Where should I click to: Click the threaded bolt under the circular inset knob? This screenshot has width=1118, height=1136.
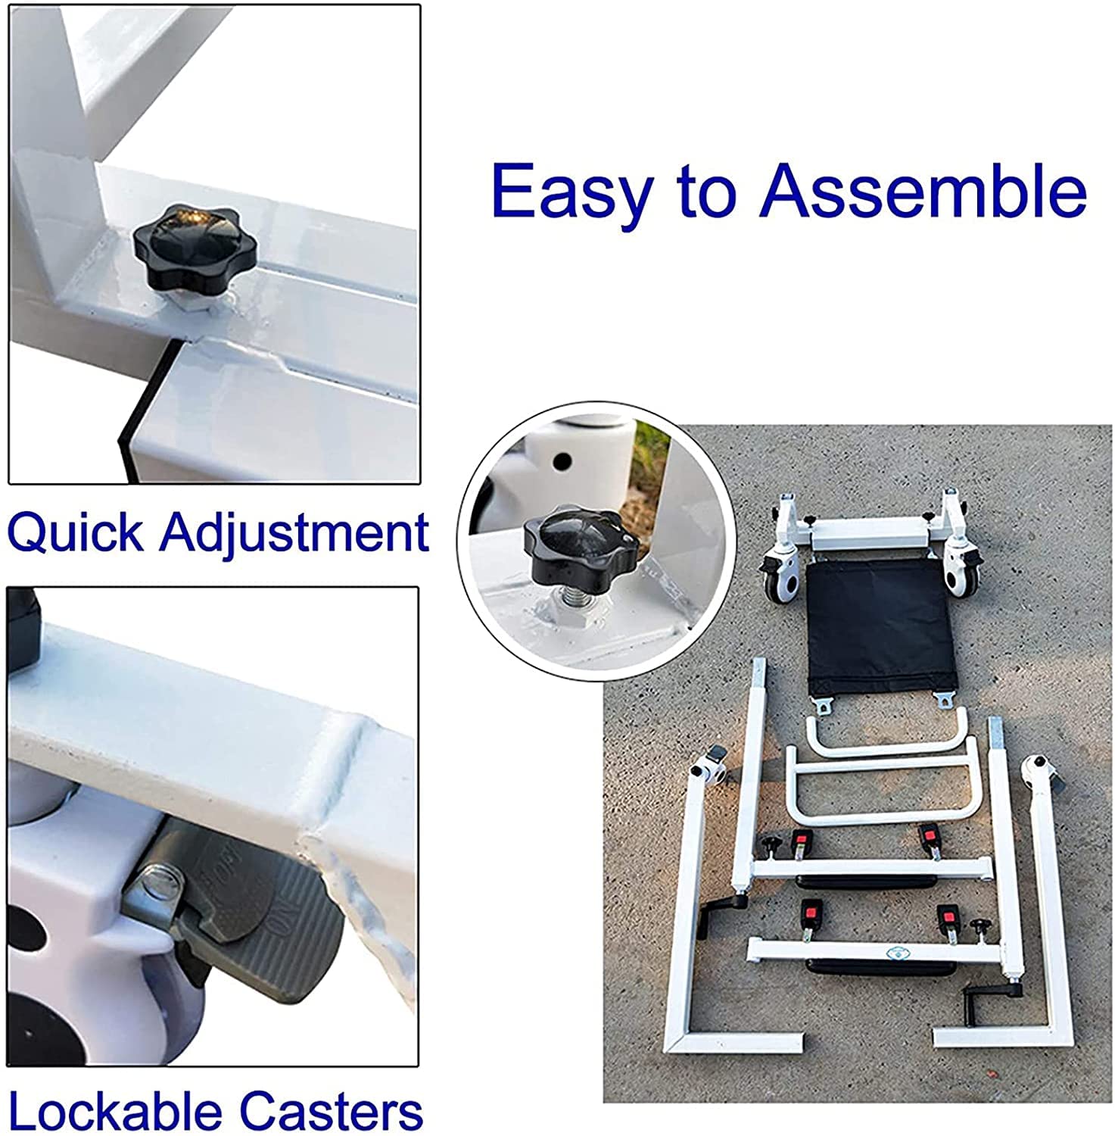[569, 599]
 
